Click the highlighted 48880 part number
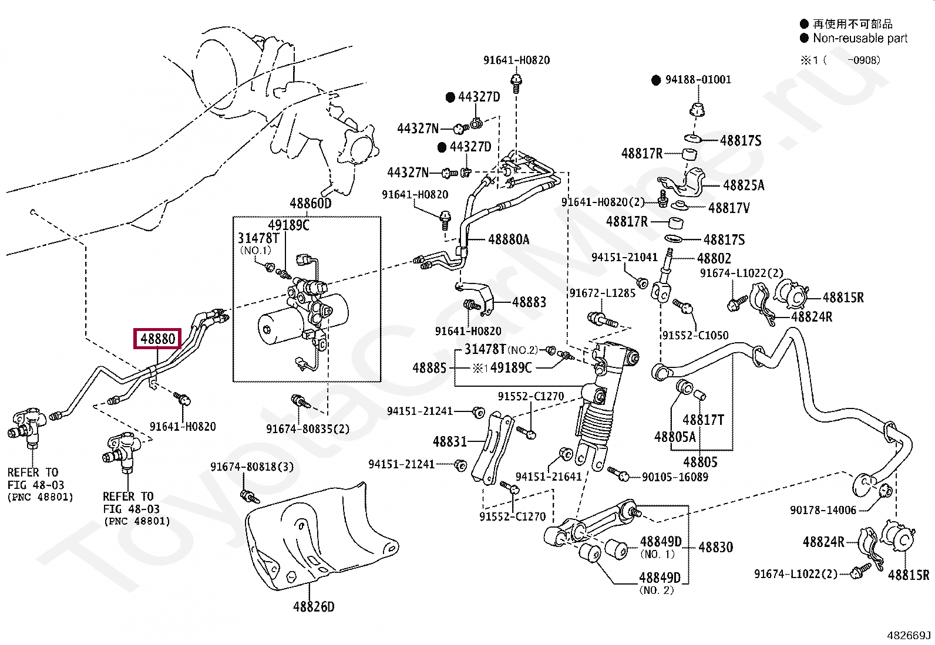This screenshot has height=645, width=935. [157, 339]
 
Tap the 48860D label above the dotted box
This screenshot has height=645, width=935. [311, 203]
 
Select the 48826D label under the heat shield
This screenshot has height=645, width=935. [314, 606]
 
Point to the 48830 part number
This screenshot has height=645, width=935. [715, 546]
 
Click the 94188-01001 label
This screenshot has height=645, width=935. [698, 79]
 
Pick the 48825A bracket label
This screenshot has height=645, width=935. [744, 185]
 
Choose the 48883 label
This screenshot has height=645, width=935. [529, 302]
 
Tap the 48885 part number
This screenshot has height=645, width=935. [429, 367]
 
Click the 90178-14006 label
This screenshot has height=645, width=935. [823, 510]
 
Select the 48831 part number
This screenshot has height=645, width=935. [449, 441]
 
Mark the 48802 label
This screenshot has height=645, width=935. [714, 258]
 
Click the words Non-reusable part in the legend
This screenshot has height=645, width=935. [860, 38]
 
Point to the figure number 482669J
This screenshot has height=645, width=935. [909, 636]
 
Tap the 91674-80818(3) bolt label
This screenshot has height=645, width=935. [252, 467]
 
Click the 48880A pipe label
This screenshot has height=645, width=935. [509, 239]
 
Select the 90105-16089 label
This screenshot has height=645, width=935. [675, 477]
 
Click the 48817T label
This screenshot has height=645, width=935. [704, 419]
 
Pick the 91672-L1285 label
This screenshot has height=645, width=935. [603, 293]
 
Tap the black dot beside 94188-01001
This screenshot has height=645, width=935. [656, 80]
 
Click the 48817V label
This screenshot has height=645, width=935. [729, 207]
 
